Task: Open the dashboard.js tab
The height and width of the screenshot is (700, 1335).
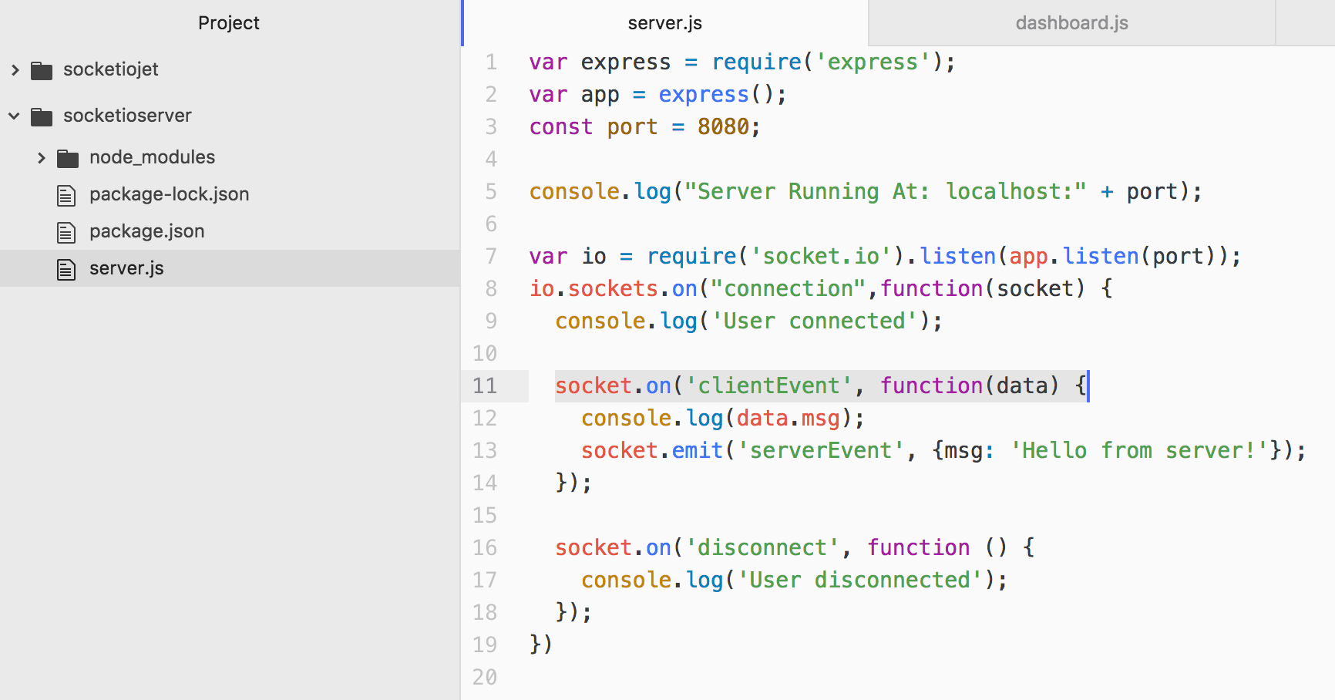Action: [x=1071, y=23]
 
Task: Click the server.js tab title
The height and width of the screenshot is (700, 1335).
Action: [x=664, y=23]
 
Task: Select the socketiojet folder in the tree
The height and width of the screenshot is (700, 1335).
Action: [x=111, y=69]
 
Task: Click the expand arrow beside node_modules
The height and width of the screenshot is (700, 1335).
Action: [x=42, y=158]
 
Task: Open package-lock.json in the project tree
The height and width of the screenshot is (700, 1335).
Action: [x=169, y=194]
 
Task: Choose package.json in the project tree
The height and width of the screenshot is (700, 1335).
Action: [x=146, y=231]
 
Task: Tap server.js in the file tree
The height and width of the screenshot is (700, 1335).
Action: [x=126, y=268]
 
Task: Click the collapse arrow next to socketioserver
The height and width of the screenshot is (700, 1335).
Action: [x=14, y=116]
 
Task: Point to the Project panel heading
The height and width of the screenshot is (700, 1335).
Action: [x=228, y=23]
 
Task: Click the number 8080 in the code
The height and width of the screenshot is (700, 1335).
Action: [x=723, y=126]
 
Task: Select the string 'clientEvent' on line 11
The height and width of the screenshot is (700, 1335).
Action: [x=768, y=385]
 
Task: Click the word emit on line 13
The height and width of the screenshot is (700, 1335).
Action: [x=698, y=450]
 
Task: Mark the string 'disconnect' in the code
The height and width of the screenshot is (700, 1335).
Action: [x=762, y=547]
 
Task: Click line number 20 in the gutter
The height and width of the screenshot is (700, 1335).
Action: [x=485, y=677]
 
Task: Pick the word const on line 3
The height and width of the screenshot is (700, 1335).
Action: [x=560, y=126]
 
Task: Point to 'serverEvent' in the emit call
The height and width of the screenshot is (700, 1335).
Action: [x=820, y=450]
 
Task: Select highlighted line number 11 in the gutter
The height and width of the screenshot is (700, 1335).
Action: [x=485, y=385]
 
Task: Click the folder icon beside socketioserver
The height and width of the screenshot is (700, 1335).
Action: [x=42, y=116]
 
